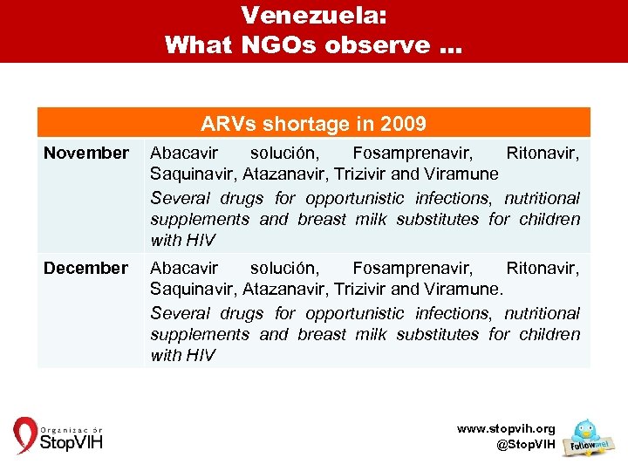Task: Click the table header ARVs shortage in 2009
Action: (313, 124)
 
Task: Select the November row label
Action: (86, 154)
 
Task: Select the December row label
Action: (85, 269)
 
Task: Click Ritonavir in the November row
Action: (543, 154)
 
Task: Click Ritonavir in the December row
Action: (543, 269)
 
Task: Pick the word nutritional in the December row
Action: (541, 313)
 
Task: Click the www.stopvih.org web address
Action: (506, 429)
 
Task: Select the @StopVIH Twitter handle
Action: (525, 445)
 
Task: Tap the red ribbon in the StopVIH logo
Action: (24, 435)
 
